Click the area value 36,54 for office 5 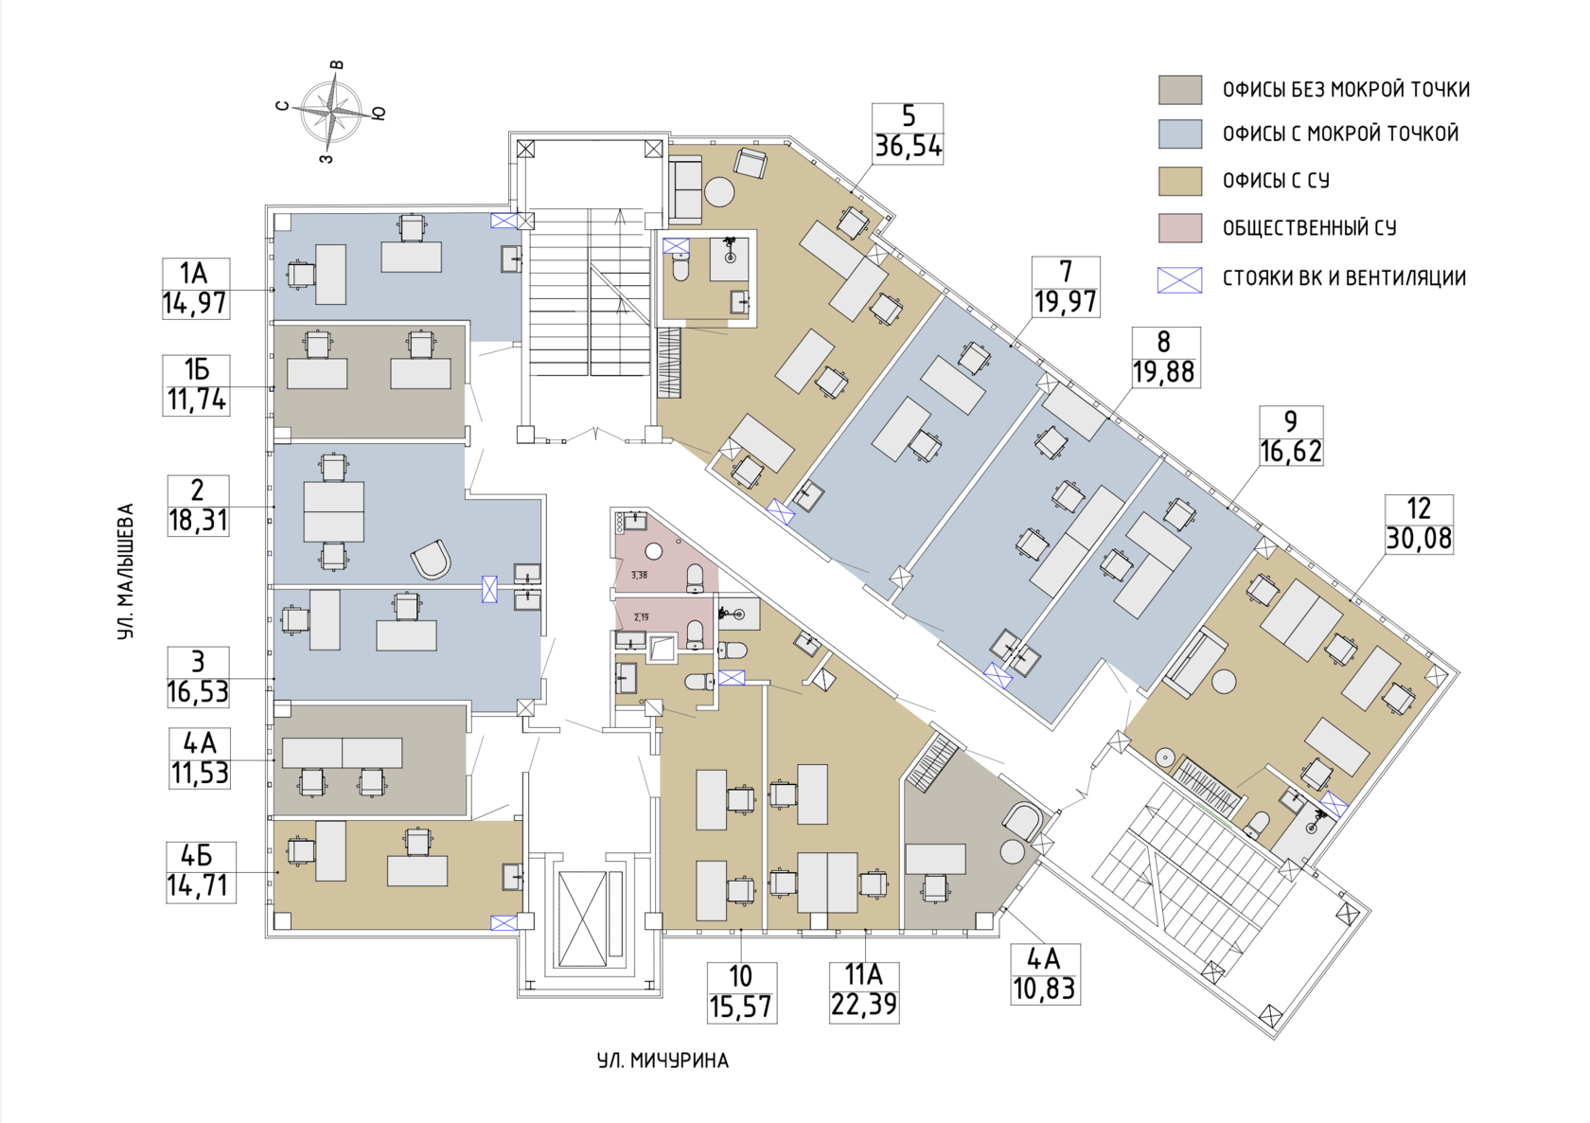[x=908, y=146]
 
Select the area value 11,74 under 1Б [x=197, y=400]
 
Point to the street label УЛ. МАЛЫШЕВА [x=126, y=571]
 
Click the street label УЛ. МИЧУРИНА [x=662, y=1061]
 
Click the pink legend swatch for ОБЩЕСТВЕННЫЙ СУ [x=1179, y=228]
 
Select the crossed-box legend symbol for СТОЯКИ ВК [x=1179, y=279]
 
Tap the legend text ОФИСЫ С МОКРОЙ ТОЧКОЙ [x=1340, y=134]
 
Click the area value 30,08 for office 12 [x=1419, y=539]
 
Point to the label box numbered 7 [x=1066, y=287]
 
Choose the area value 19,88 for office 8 [x=1163, y=371]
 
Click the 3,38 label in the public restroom [x=639, y=576]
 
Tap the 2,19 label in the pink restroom [x=641, y=617]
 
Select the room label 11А [x=863, y=976]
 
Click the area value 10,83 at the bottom [x=1045, y=988]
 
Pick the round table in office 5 [x=719, y=191]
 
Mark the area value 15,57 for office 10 [x=741, y=1007]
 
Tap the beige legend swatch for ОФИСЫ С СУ [x=1179, y=181]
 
